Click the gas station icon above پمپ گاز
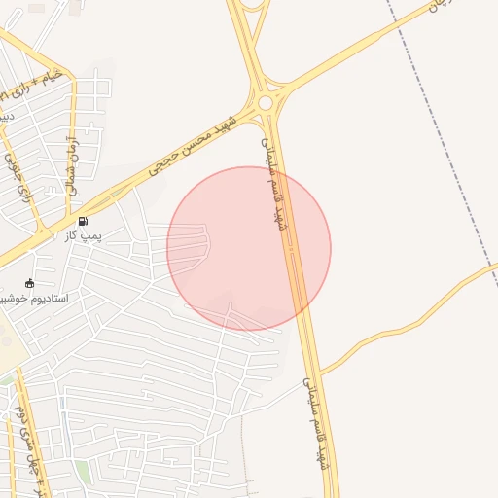point(83,221)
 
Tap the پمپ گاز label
point(84,235)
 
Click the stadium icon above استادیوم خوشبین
point(30,283)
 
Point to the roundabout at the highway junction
point(265,102)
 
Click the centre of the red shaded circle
point(249,249)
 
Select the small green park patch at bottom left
point(84,472)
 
